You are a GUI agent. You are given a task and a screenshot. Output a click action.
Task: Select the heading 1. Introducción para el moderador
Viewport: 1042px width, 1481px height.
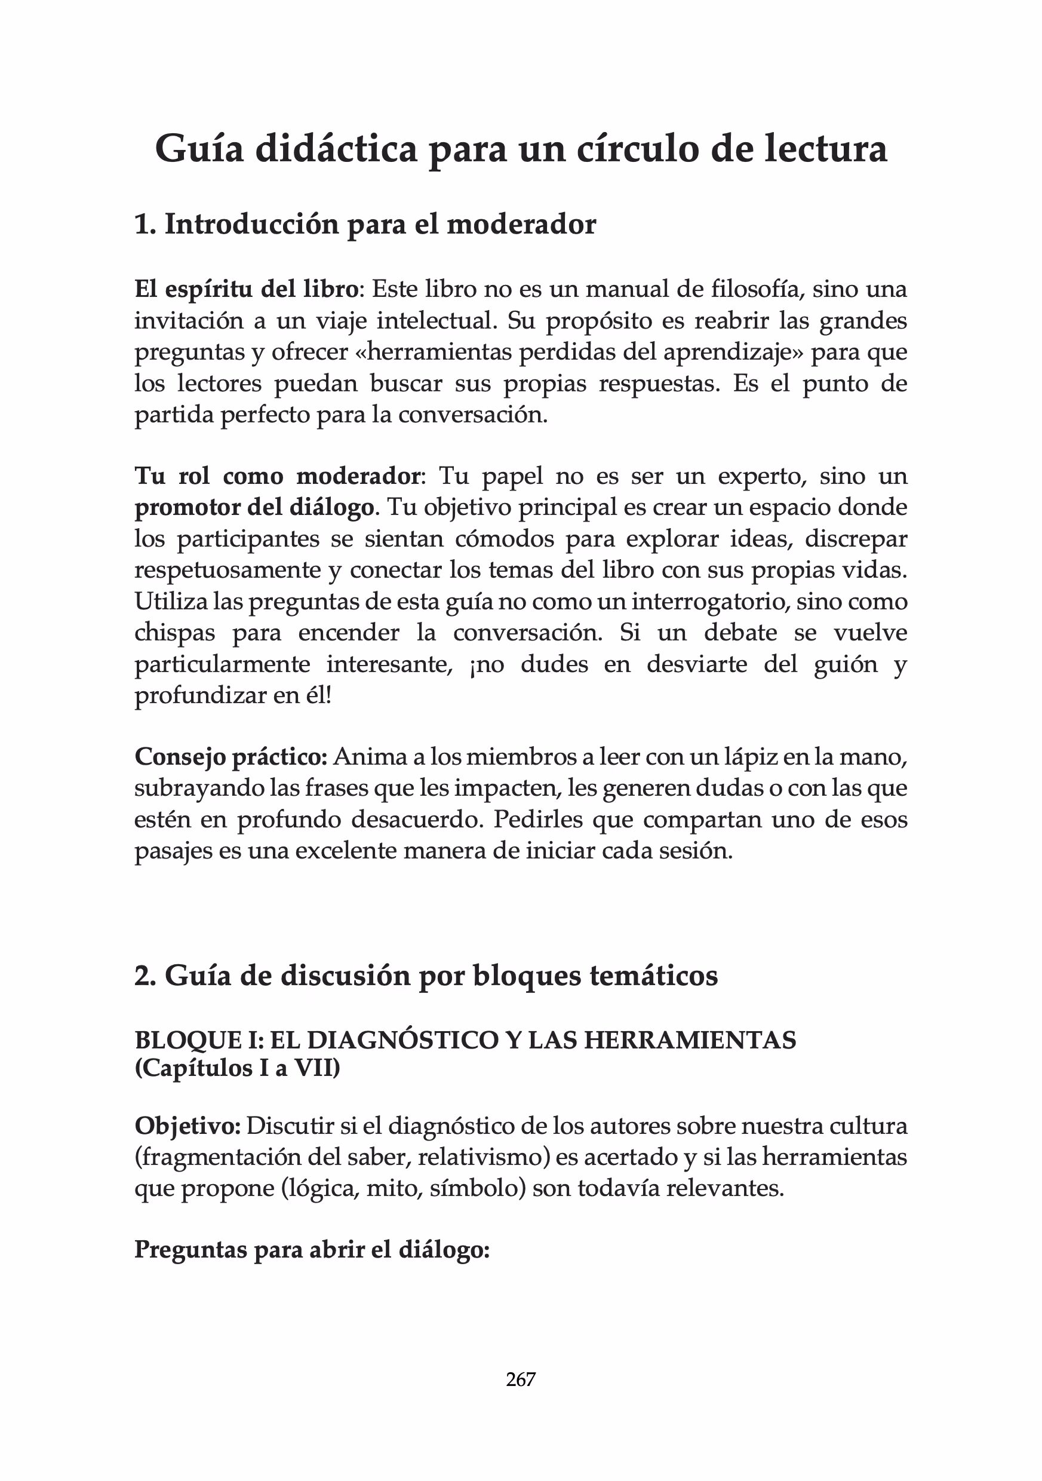pos(365,225)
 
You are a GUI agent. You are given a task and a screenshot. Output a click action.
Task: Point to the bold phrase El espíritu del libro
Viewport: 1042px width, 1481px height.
pos(245,289)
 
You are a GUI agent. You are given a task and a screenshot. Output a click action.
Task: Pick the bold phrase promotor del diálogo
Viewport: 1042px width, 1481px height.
pos(253,507)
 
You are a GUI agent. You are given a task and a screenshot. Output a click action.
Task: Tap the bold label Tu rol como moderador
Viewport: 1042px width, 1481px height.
pos(277,476)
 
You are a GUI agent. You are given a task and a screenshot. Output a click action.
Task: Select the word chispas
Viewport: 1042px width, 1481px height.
pos(174,633)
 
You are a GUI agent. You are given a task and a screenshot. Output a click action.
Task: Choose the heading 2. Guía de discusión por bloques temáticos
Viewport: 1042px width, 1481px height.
pos(426,976)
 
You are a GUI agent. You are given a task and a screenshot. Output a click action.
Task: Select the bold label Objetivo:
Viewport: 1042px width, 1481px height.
pos(188,1126)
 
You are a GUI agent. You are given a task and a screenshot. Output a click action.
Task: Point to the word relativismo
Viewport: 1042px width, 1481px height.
pos(484,1157)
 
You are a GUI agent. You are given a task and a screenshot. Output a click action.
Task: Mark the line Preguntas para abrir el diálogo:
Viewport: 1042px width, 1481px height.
pos(312,1249)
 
